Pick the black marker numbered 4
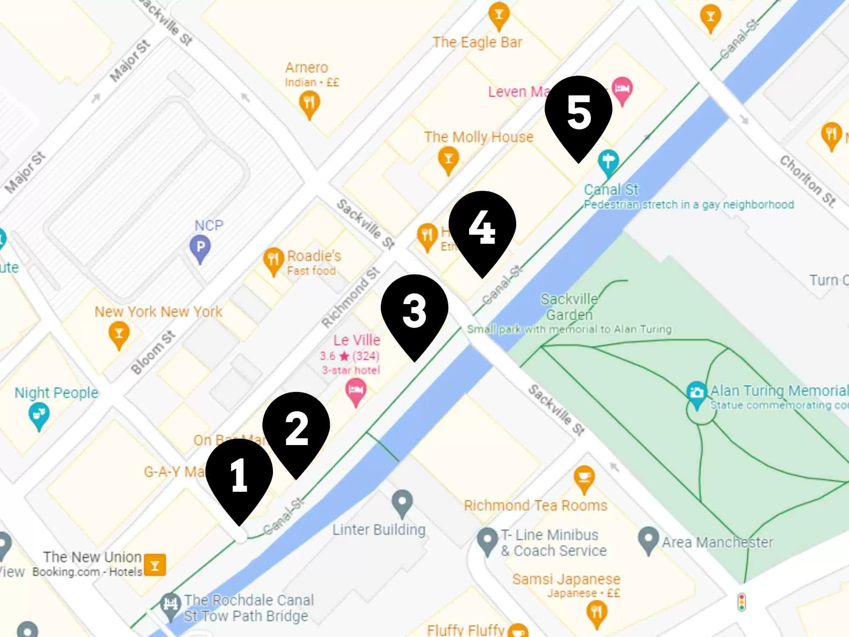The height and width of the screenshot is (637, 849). tap(482, 228)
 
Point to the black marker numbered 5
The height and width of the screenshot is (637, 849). tap(578, 113)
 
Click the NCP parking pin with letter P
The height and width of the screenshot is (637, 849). tap(200, 247)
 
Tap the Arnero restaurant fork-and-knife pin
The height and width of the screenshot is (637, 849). tap(309, 103)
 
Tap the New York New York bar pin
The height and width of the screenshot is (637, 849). tap(119, 334)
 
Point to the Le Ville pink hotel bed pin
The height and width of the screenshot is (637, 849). tap(356, 391)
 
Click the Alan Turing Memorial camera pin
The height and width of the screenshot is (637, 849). tap(696, 393)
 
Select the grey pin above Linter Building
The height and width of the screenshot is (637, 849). tap(402, 503)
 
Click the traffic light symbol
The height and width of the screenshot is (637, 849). tap(742, 602)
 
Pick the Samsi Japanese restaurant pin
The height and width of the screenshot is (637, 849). tap(596, 613)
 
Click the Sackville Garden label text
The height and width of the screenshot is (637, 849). tap(569, 307)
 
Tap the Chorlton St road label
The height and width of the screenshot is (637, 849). tap(807, 181)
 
